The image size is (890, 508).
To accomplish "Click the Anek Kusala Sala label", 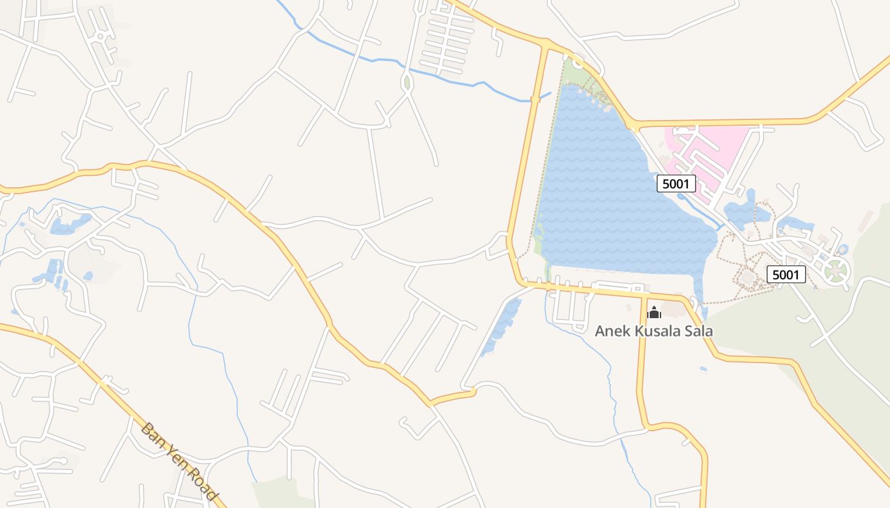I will [654, 331].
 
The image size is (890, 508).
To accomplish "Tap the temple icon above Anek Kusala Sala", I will [654, 312].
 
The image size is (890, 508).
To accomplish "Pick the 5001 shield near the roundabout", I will [786, 274].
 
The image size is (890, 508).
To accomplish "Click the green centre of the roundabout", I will [837, 271].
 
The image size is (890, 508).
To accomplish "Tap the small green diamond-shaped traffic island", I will [407, 83].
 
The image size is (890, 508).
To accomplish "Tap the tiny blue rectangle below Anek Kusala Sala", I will [702, 368].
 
